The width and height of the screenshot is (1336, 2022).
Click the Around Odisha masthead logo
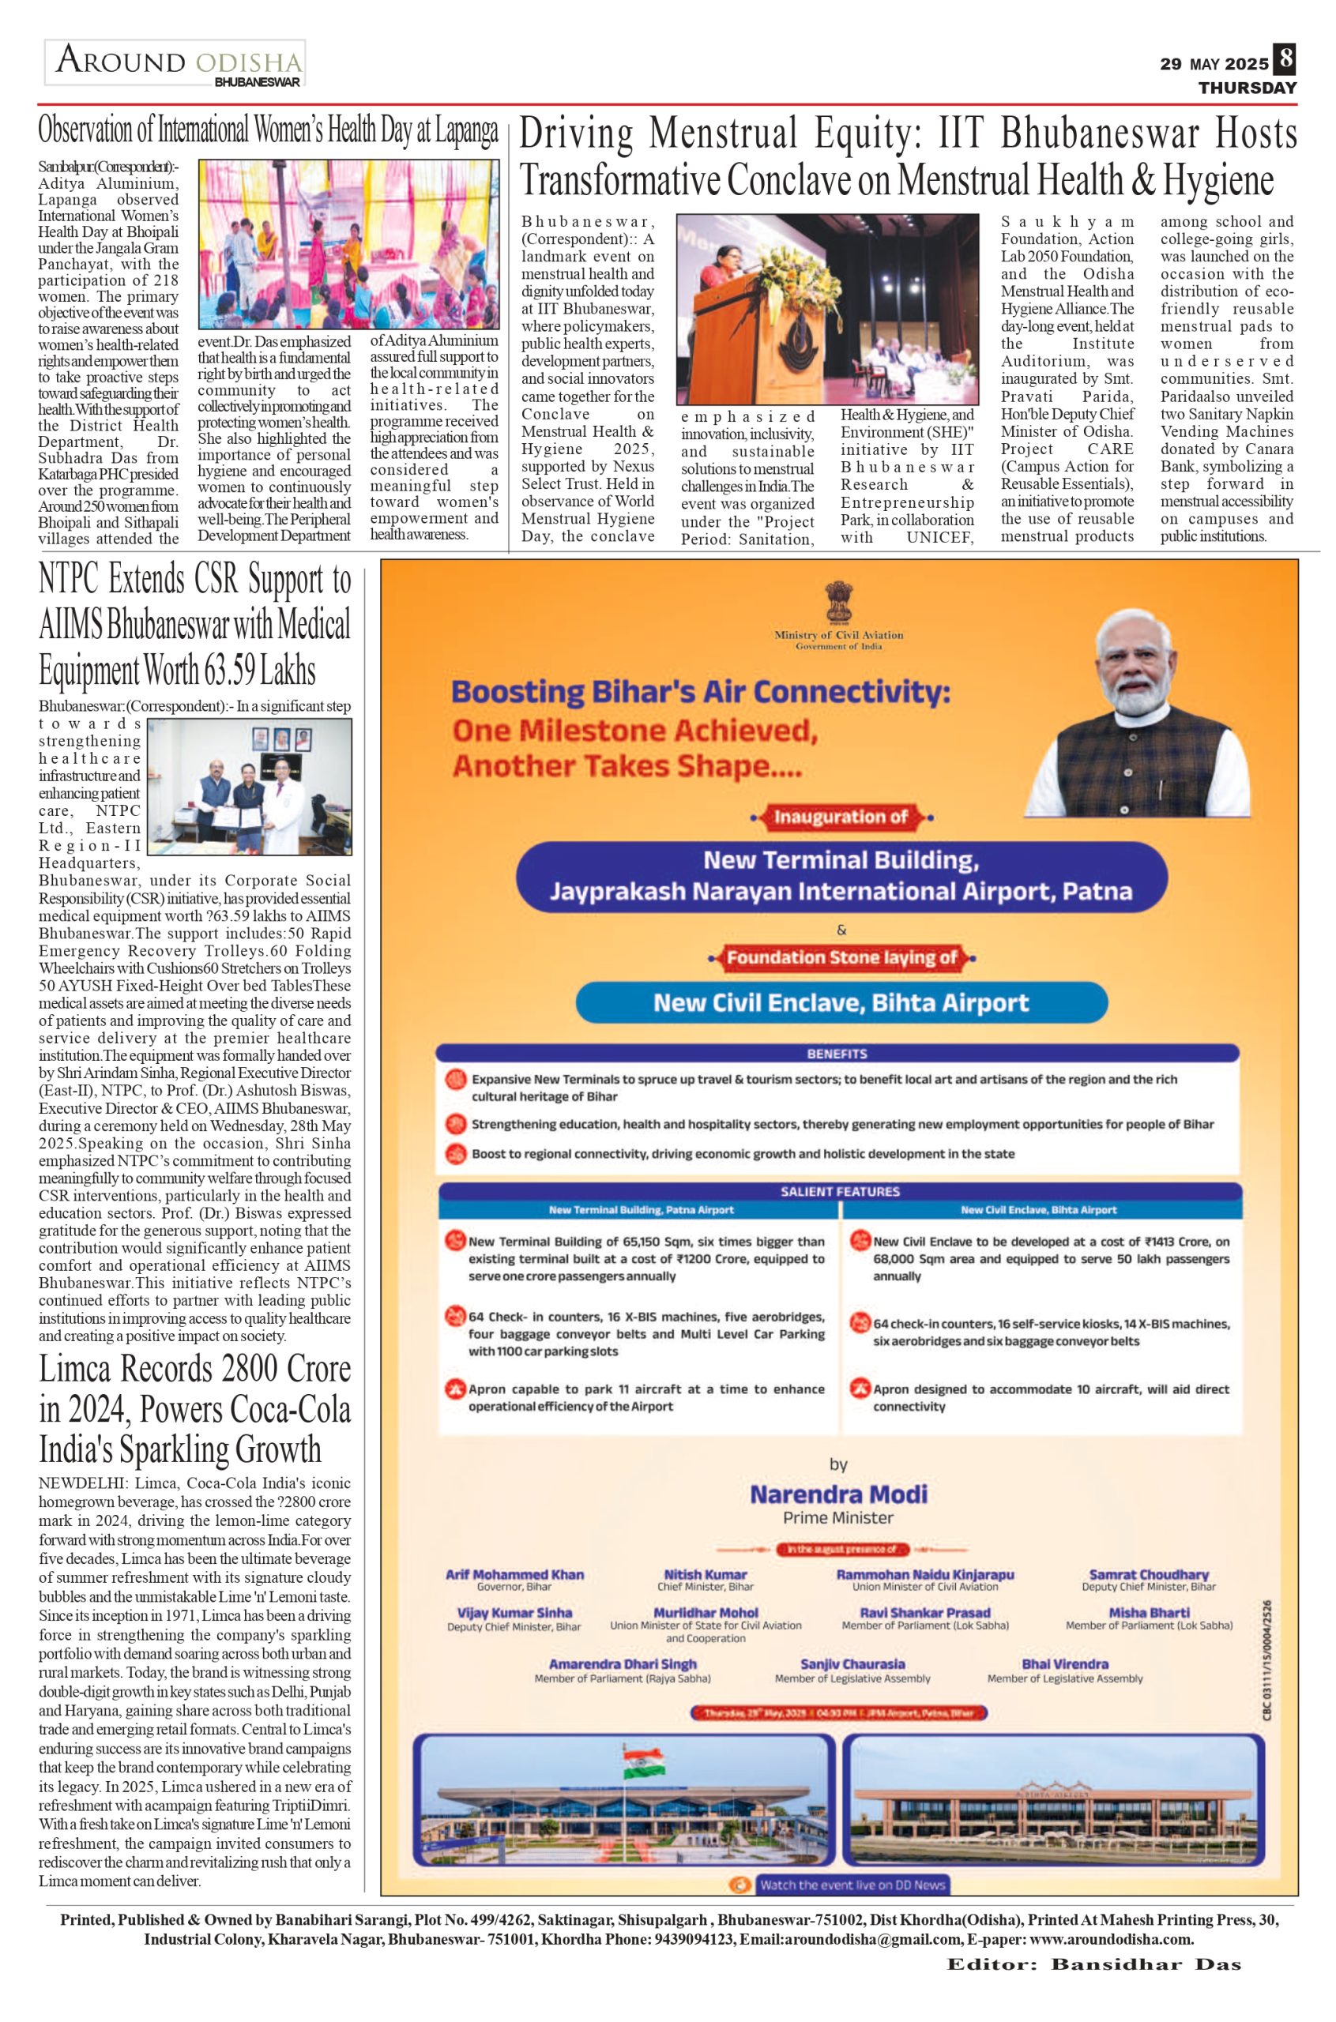175,64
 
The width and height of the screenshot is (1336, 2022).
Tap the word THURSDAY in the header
1248,88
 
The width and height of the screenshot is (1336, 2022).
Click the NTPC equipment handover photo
249,786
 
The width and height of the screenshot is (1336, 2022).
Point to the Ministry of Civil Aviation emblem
838,604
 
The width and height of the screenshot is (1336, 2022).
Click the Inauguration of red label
841,817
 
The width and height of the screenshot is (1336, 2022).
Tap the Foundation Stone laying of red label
841,957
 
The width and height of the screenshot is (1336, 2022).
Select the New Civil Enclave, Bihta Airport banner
841,1002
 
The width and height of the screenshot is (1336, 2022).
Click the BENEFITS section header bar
837,1054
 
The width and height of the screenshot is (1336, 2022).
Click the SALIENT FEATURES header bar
839,1192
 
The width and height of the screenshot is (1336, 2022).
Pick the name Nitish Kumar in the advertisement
706,1575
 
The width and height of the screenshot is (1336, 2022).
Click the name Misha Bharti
1149,1612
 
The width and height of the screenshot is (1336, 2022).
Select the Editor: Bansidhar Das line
1094,1966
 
